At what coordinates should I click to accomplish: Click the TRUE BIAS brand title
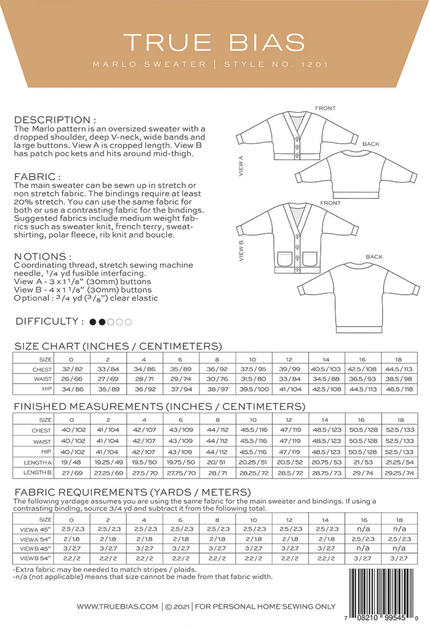coord(214,42)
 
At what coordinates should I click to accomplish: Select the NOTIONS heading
coord(42,257)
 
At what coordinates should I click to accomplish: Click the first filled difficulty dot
coord(93,322)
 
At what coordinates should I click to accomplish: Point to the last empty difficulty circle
coord(128,322)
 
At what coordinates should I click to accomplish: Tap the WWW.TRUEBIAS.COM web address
coord(117,606)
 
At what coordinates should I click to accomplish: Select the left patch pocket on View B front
coord(285,259)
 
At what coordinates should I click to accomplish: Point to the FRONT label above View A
coord(325,108)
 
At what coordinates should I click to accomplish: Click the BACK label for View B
coord(374,257)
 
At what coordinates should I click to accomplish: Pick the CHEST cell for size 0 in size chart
coord(72,369)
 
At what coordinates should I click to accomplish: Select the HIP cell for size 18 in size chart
coord(399,389)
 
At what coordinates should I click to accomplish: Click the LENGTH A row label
coord(38,463)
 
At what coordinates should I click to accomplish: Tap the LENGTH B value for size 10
coord(253,473)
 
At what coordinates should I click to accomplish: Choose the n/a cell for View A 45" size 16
coord(363,529)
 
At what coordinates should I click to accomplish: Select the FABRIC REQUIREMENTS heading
coord(132,492)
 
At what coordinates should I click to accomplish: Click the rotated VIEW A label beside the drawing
coord(241,166)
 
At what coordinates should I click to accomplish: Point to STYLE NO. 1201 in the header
coord(276,65)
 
